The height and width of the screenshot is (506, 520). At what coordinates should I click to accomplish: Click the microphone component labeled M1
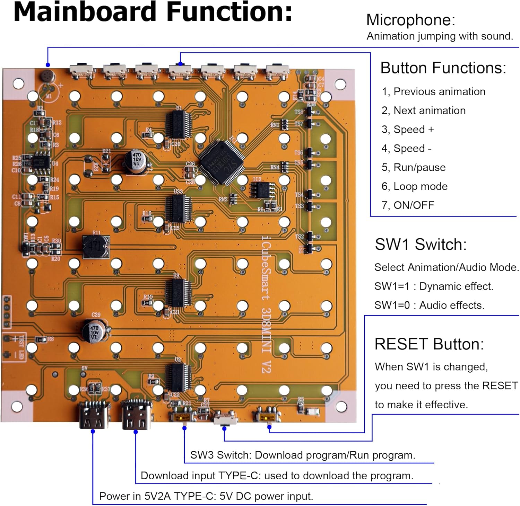click(47, 76)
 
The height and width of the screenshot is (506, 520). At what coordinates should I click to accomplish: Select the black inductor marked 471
click(96, 247)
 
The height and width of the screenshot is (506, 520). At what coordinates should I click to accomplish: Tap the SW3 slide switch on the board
click(182, 416)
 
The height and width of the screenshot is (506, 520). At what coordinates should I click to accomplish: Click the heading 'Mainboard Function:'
click(153, 12)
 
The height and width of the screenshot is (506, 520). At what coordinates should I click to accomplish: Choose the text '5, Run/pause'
click(413, 167)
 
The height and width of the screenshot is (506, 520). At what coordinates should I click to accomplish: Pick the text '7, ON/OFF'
click(408, 205)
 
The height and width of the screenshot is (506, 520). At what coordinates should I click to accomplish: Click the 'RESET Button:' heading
click(429, 344)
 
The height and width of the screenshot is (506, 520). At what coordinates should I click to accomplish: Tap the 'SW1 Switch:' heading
click(421, 245)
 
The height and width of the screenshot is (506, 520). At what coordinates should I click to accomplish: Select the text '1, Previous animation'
click(433, 92)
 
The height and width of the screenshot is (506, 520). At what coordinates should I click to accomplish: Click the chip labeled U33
click(179, 208)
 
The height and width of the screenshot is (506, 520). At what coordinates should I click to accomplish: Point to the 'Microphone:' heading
click(410, 20)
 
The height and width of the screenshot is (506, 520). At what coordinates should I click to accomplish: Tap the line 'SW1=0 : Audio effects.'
click(429, 305)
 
